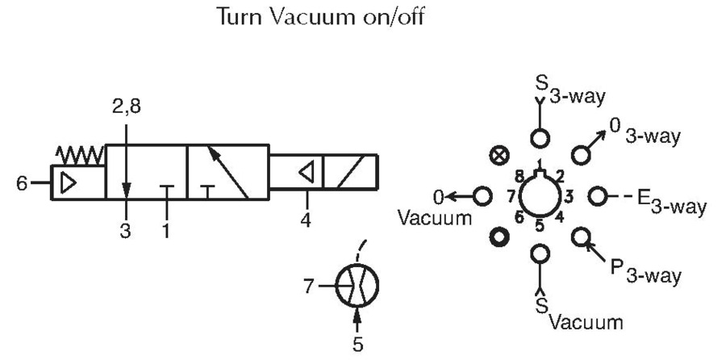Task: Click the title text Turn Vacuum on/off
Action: point(320,18)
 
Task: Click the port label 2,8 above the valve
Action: point(127,107)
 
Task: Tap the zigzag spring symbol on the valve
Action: point(80,156)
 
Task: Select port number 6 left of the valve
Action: point(22,184)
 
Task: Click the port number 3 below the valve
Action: point(126,230)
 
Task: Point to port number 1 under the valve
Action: point(166,230)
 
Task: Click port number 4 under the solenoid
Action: point(306,220)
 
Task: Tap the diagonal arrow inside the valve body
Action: point(227,173)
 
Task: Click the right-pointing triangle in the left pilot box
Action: point(68,183)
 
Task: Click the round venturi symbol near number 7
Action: point(357,286)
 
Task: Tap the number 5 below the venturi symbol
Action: point(357,345)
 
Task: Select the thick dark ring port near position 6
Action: point(499,237)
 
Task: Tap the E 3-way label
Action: point(671,202)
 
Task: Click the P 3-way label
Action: point(645,271)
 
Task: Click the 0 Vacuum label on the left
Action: point(436,207)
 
